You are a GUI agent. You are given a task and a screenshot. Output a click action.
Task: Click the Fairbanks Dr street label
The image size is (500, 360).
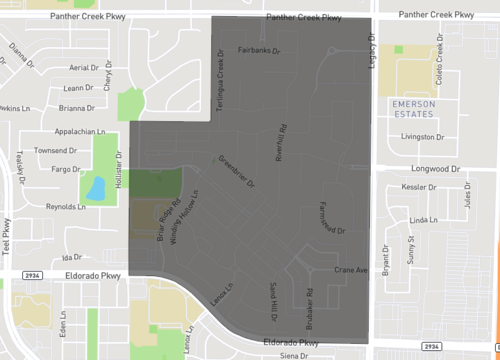(263, 49)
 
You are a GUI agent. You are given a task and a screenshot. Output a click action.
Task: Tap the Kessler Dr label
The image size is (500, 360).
(420, 187)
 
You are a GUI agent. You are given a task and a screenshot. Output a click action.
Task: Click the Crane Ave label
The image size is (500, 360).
(352, 270)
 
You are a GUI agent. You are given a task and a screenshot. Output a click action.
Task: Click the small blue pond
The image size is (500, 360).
(95, 187)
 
